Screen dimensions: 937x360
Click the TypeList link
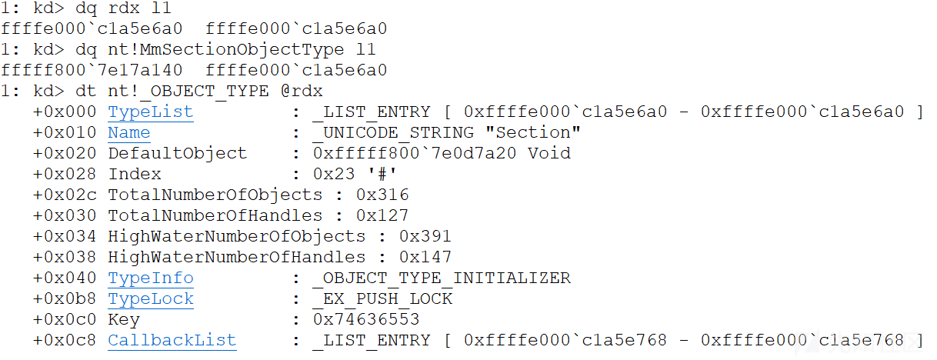(x=151, y=112)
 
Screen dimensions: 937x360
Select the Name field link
(x=128, y=132)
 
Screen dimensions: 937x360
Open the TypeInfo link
(x=151, y=278)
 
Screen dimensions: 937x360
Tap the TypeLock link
(x=151, y=299)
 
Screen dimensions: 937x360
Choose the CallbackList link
(x=172, y=340)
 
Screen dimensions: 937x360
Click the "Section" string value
(x=533, y=132)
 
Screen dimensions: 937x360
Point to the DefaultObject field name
(x=178, y=153)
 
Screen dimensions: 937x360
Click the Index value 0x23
(x=334, y=174)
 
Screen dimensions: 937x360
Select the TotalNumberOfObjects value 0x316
(x=382, y=195)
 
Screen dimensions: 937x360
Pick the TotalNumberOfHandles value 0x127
(x=382, y=215)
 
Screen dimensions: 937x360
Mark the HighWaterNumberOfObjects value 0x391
(x=425, y=236)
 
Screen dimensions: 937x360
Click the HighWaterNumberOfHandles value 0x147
(x=425, y=257)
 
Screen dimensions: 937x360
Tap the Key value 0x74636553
(x=366, y=319)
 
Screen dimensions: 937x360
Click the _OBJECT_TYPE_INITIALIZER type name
(x=442, y=278)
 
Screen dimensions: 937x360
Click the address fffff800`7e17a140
(x=92, y=70)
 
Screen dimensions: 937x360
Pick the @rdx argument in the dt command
(x=302, y=91)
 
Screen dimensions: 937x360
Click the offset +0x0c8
(x=65, y=340)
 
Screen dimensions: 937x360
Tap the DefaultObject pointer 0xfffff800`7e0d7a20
(x=415, y=153)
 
